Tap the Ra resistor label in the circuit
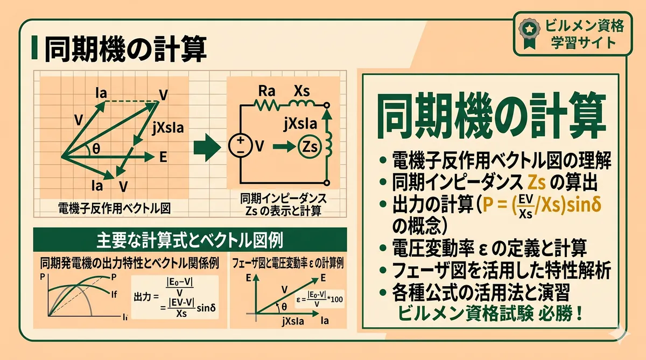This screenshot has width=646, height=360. pos(266,91)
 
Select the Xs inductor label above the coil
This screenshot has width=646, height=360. pos(301,91)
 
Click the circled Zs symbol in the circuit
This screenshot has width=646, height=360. pos(310,147)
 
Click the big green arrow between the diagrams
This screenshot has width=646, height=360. pos(207,147)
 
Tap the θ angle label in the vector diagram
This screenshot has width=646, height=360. pos(96,149)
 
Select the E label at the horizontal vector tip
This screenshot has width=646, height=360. pos(163,157)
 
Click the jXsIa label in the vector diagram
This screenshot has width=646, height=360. pos(168,128)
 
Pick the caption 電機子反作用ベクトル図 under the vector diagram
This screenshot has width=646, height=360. pos(115,208)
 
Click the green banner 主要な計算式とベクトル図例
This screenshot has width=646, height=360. pos(190,239)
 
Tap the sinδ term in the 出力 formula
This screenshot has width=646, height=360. pos(206,308)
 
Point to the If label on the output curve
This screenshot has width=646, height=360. pos(114,294)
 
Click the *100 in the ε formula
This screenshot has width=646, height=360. pos(335,300)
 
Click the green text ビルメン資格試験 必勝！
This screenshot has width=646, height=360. pos(490,314)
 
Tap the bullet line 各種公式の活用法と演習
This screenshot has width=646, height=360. pos(481,292)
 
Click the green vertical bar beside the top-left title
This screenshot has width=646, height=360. pos(34,47)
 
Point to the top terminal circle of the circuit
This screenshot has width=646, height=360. pos(326,105)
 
